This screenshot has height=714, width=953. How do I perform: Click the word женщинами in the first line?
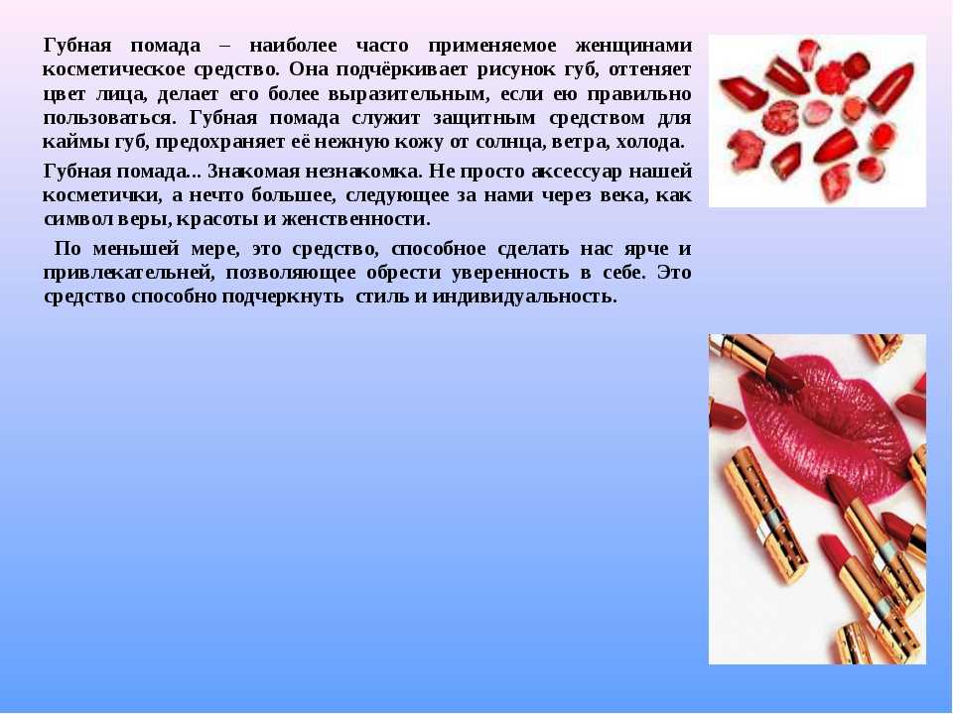point(632,47)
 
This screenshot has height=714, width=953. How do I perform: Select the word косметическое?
point(113,69)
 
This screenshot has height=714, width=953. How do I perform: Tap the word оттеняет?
point(649,69)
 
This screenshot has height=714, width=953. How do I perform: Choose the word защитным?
point(484,119)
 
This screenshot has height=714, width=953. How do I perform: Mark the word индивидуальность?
point(524,297)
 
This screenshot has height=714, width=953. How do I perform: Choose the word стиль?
point(382,297)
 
